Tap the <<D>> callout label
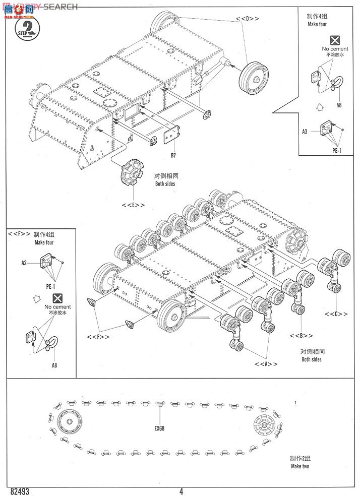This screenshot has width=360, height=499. (x=247, y=19)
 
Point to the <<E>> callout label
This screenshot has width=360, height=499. (x=133, y=205)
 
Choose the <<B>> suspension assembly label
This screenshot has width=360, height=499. (x=301, y=336)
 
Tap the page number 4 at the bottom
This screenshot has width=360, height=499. (x=181, y=492)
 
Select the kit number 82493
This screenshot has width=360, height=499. (x=18, y=491)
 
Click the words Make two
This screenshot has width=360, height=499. (x=300, y=466)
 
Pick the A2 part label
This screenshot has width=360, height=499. (x=24, y=263)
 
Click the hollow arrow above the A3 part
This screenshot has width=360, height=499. (x=318, y=106)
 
